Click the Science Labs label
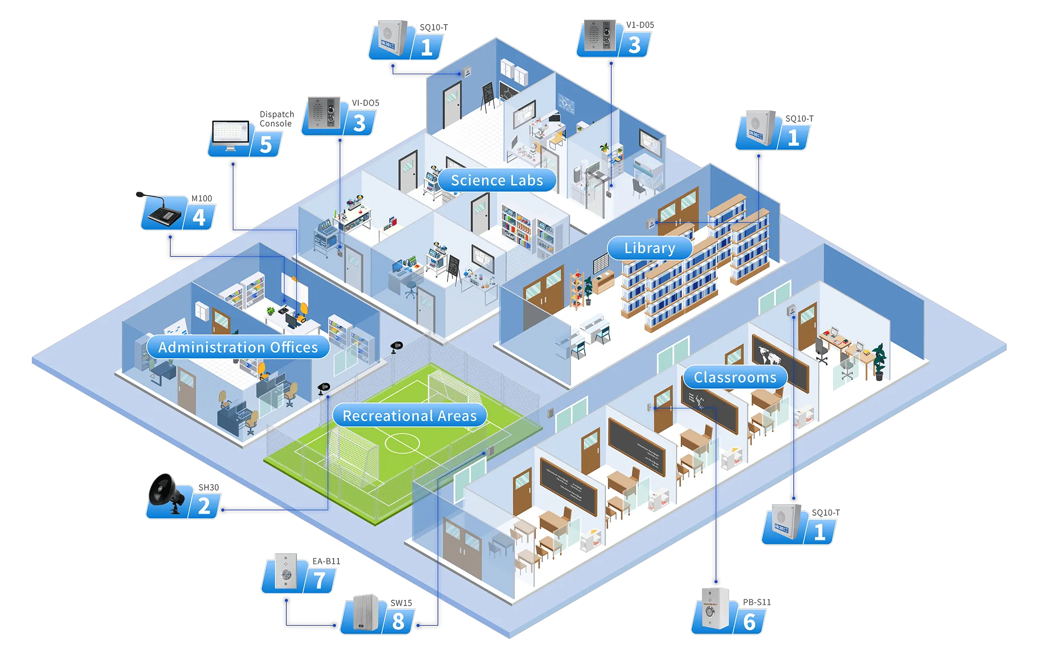(497, 180)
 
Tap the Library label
(649, 248)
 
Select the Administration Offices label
(238, 347)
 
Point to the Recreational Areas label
(409, 416)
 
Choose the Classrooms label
(735, 377)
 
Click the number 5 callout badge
(266, 144)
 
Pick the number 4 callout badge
(199, 217)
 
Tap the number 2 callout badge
(204, 506)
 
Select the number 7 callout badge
(320, 580)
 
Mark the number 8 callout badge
(398, 621)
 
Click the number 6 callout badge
(749, 622)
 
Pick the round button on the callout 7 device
(286, 575)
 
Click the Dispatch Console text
(276, 119)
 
